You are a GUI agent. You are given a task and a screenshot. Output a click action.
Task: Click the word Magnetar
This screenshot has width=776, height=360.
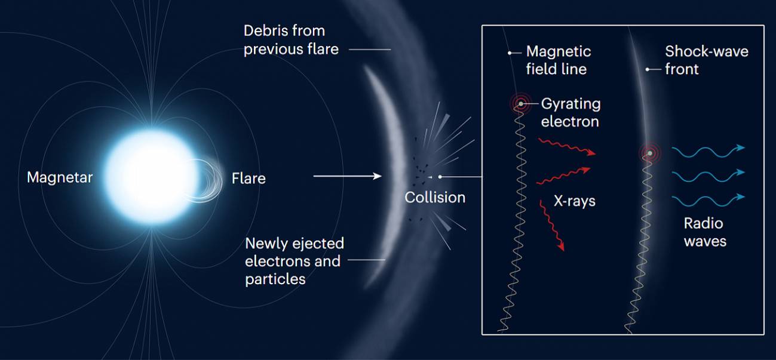pyautogui.click(x=60, y=177)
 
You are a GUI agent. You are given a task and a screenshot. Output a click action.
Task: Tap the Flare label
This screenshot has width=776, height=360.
pyautogui.click(x=249, y=179)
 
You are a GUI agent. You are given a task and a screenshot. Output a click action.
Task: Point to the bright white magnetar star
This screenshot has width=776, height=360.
pyautogui.click(x=151, y=177)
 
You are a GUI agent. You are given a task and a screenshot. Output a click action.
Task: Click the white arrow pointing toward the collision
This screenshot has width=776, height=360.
pyautogui.click(x=347, y=176)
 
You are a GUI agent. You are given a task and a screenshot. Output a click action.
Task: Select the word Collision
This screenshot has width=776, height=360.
pyautogui.click(x=435, y=197)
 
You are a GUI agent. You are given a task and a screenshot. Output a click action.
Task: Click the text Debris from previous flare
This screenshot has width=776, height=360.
pyautogui.click(x=291, y=40)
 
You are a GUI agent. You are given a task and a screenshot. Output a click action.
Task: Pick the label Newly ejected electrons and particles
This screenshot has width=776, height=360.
pyautogui.click(x=295, y=261)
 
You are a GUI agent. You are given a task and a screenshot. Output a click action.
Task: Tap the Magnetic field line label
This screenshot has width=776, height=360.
pyautogui.click(x=559, y=60)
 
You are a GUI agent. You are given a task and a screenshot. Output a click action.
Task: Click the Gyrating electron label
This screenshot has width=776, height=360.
pyautogui.click(x=571, y=112)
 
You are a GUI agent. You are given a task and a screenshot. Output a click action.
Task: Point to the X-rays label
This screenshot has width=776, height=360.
pyautogui.click(x=574, y=201)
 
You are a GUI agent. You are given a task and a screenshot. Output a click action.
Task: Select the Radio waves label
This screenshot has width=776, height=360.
pyautogui.click(x=705, y=232)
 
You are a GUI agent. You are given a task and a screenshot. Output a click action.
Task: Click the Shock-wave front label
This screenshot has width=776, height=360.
pyautogui.click(x=707, y=60)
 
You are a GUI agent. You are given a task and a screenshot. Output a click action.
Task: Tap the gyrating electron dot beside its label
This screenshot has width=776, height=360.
pyautogui.click(x=521, y=104)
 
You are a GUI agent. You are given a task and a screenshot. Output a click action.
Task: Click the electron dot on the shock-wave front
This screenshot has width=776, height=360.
pyautogui.click(x=650, y=153)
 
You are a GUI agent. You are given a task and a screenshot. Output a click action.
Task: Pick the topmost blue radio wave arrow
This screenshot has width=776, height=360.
pyautogui.click(x=708, y=152)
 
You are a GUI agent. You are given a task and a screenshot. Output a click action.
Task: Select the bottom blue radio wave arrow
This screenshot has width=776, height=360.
pyautogui.click(x=708, y=201)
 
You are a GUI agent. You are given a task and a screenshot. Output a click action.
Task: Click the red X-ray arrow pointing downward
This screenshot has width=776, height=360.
pyautogui.click(x=551, y=225)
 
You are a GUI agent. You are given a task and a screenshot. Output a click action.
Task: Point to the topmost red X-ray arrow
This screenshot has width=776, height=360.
pyautogui.click(x=567, y=147)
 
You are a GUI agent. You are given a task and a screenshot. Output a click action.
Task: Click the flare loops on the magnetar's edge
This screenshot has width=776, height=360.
pyautogui.click(x=204, y=180)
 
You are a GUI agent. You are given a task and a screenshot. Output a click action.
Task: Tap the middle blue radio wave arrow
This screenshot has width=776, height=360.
pyautogui.click(x=708, y=176)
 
